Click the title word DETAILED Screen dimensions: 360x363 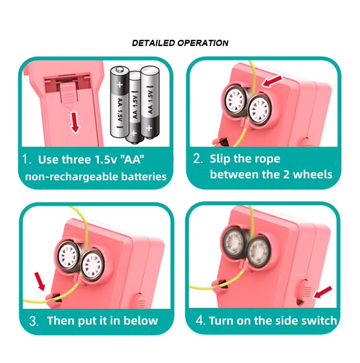coord(153,43)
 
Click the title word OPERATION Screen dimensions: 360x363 coord(203,43)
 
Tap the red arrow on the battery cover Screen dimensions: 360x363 coord(74,122)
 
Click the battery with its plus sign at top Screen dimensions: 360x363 coord(120,102)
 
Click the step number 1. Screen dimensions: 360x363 coord(26,159)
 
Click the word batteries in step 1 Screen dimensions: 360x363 coord(144,176)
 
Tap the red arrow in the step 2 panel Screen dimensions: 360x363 coord(272,82)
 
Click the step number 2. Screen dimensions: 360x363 coord(198,159)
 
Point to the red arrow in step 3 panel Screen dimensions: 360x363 coord(40,281)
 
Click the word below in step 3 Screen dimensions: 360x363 coord(141,321)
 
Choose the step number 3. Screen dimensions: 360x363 coord(34,321)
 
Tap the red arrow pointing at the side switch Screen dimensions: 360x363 coord(323,292)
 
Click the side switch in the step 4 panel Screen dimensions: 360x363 coord(305,291)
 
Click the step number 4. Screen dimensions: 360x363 coord(200,321)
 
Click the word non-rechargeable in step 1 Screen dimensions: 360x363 coord(72,177)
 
